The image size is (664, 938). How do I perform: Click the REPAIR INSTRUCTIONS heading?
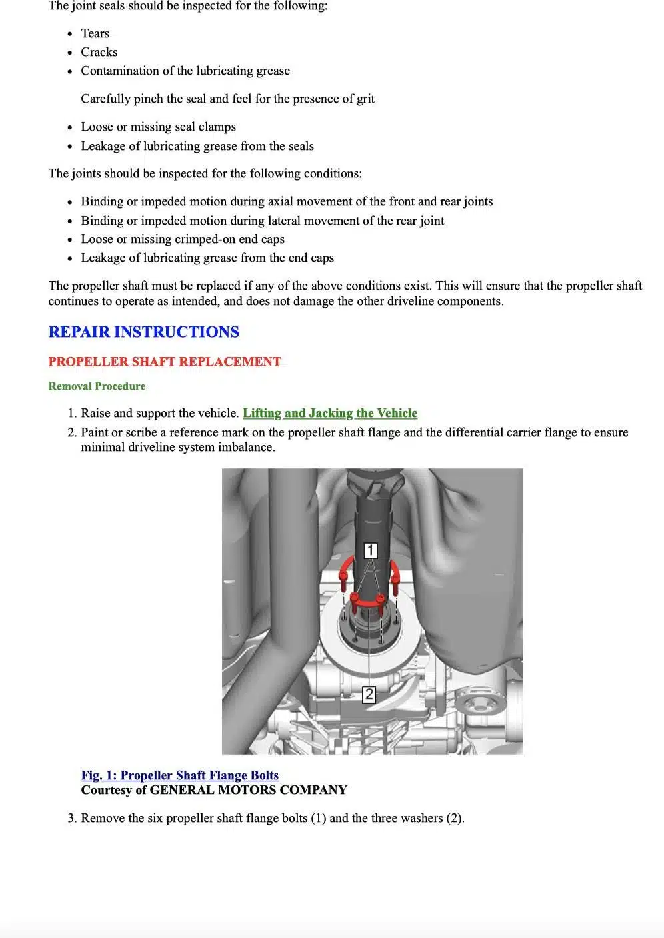click(x=143, y=332)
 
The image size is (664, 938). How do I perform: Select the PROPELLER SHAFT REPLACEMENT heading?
click(x=165, y=362)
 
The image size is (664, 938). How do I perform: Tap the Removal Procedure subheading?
click(x=97, y=386)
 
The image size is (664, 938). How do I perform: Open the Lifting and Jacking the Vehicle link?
click(x=330, y=413)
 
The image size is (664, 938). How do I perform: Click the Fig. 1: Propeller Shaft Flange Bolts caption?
click(x=179, y=775)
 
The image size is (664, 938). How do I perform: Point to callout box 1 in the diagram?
click(x=371, y=550)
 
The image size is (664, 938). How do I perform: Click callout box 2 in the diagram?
click(x=369, y=694)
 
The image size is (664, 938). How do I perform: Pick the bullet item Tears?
click(x=95, y=33)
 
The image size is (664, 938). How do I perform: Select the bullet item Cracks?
click(x=99, y=52)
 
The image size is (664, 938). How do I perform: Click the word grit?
click(x=365, y=99)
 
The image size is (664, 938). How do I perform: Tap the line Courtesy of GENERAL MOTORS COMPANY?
click(x=214, y=790)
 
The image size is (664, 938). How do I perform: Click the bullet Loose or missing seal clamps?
click(x=158, y=127)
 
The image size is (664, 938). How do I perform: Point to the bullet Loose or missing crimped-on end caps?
click(x=183, y=239)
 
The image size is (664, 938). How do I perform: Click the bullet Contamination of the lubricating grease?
click(x=185, y=71)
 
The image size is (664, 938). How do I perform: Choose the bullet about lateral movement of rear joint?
click(x=262, y=221)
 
